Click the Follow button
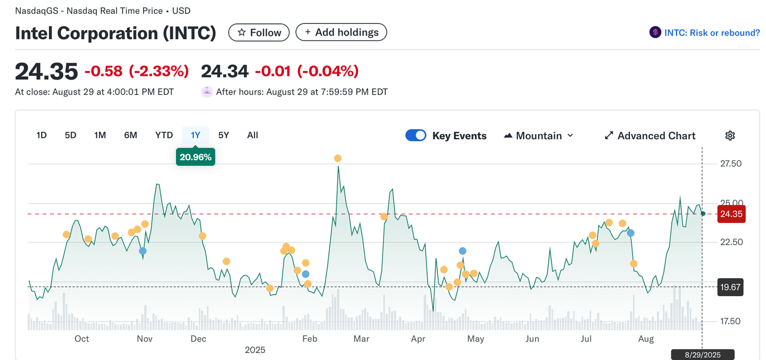click(259, 32)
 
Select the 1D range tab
click(41, 135)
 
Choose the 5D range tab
click(70, 135)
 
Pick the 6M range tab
click(130, 135)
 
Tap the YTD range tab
click(164, 135)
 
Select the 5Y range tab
click(223, 135)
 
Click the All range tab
click(253, 135)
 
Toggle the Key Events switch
click(416, 135)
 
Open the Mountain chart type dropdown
click(539, 136)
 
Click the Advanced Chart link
click(650, 136)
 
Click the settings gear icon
click(730, 136)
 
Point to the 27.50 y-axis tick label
click(730, 164)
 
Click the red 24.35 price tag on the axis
click(731, 214)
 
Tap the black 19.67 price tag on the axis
click(730, 287)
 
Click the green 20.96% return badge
click(196, 157)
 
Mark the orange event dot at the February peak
click(337, 158)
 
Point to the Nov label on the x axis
click(145, 339)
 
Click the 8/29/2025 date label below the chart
click(702, 354)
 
